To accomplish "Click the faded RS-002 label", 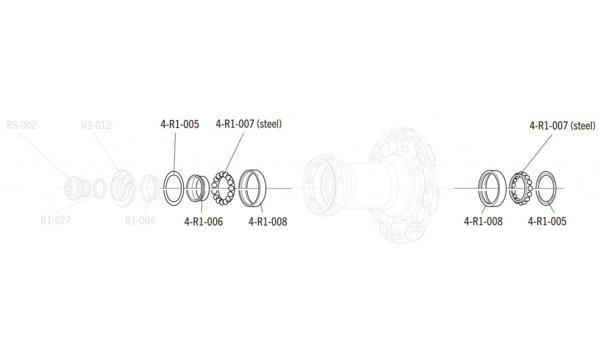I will click(x=21, y=125).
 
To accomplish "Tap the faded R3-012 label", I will click(x=96, y=125).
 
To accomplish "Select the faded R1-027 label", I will click(x=56, y=220).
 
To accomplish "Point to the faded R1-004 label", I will click(x=140, y=220).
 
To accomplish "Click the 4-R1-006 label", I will click(x=204, y=222).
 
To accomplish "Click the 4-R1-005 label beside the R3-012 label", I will click(x=180, y=125).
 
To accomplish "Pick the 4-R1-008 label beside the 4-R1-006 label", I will click(x=268, y=222).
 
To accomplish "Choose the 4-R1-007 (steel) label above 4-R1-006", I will click(x=248, y=124).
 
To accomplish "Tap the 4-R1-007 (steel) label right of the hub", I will click(x=562, y=126).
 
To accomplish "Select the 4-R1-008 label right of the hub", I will click(x=483, y=221).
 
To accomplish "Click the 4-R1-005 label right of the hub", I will click(x=547, y=221).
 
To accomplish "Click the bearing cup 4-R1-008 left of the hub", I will click(x=253, y=188).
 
